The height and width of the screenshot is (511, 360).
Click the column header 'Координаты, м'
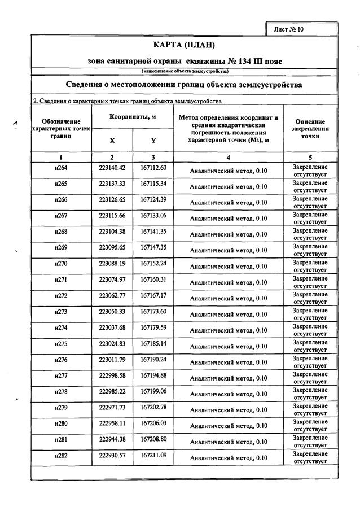[133, 116]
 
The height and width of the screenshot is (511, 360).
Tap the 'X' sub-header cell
[112, 140]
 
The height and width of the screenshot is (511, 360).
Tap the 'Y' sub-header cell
[153, 140]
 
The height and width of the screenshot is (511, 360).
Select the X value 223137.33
[112, 184]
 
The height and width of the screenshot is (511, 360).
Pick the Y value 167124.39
[153, 200]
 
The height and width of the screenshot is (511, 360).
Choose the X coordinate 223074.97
[112, 279]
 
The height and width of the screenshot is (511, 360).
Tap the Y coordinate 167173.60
[153, 312]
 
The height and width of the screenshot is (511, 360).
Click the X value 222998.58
[112, 375]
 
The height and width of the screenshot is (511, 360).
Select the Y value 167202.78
[153, 408]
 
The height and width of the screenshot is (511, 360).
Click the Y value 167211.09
[153, 455]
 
